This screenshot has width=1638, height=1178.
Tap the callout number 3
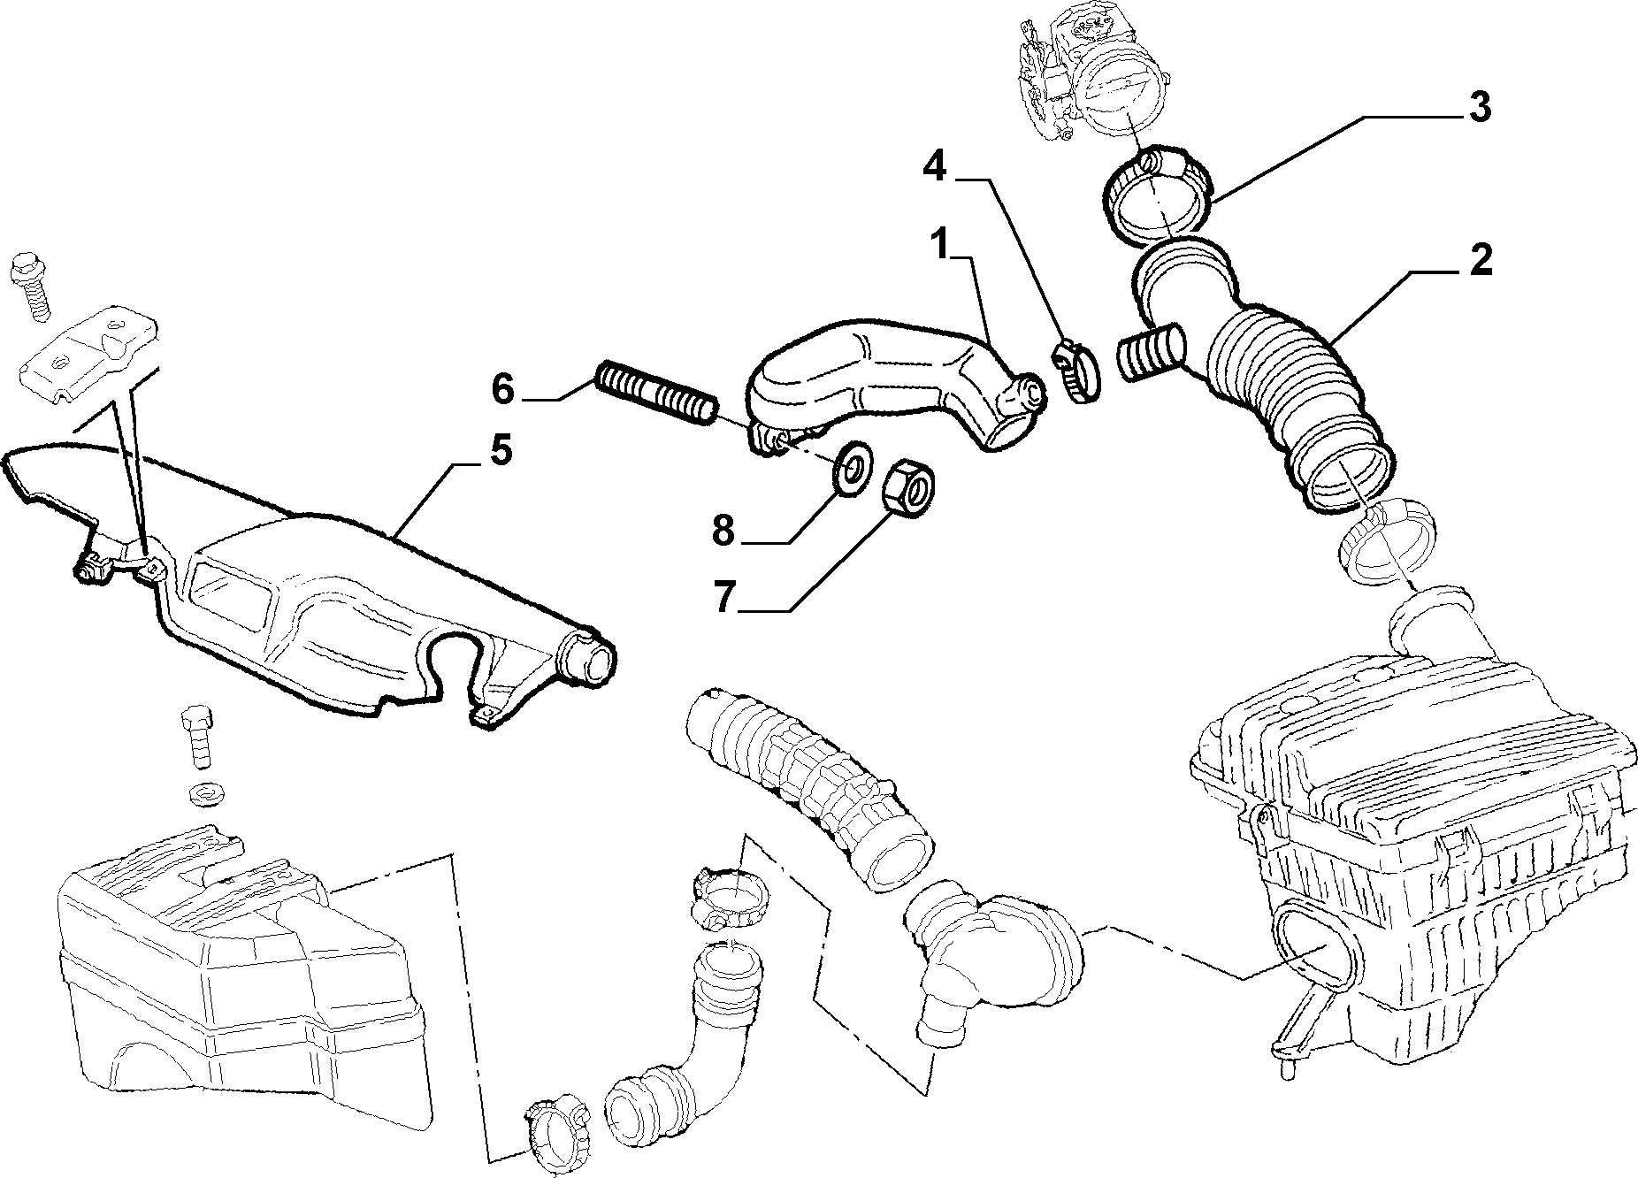click(x=1478, y=107)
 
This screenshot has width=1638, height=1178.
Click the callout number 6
click(x=502, y=389)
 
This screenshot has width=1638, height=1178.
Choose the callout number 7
click(x=724, y=598)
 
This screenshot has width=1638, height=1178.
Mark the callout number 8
click(x=723, y=532)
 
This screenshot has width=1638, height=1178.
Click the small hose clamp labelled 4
click(x=1075, y=371)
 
